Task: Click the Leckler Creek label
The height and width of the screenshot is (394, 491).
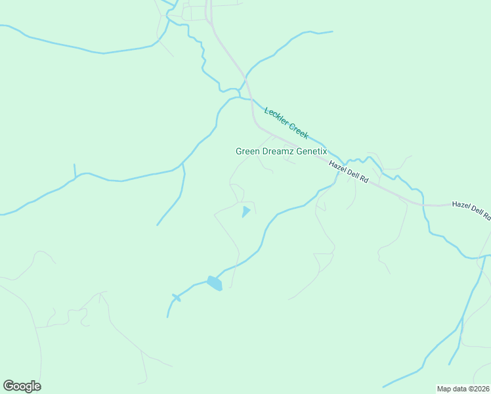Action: click(x=286, y=122)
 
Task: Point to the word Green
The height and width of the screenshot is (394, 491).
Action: click(x=247, y=151)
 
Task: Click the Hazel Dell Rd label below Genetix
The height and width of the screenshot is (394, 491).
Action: click(x=349, y=171)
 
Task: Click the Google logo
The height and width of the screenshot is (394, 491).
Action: click(x=22, y=386)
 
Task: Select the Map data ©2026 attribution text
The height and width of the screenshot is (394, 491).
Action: click(x=463, y=389)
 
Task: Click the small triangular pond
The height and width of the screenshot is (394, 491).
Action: click(x=245, y=211)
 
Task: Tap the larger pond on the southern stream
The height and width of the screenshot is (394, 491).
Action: click(x=215, y=283)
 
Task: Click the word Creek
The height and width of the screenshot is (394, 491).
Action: click(x=298, y=130)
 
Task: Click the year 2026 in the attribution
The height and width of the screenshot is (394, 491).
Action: click(x=481, y=389)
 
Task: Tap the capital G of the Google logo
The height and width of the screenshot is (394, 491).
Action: click(x=9, y=386)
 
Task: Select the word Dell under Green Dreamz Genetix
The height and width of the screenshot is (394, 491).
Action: click(x=351, y=173)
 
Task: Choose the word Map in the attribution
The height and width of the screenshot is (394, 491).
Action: click(x=444, y=389)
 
